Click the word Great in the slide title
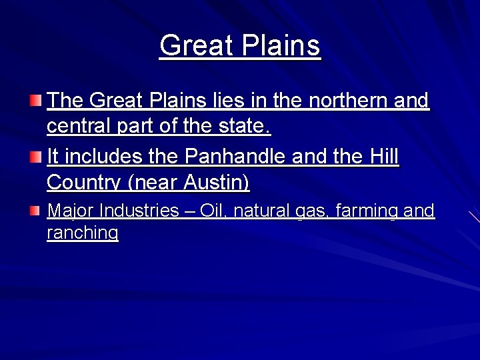193,46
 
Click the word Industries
139,211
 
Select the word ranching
83,233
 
